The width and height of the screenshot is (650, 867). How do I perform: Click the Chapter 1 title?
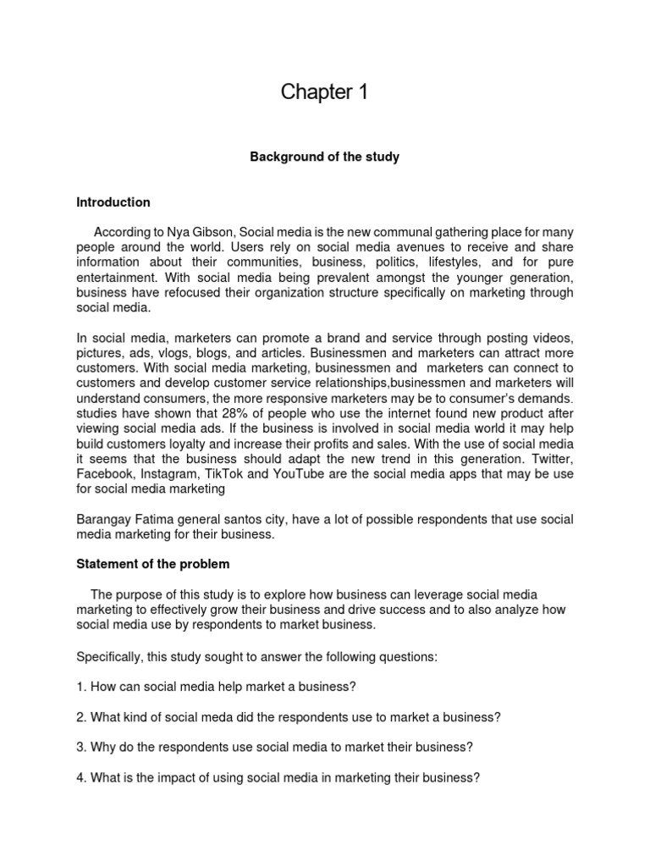click(325, 93)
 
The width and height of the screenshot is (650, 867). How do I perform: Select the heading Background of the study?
click(324, 157)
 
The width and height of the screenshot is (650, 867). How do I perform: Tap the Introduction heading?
click(113, 202)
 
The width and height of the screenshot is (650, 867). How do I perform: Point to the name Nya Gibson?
click(197, 231)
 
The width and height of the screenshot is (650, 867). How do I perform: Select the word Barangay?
click(105, 519)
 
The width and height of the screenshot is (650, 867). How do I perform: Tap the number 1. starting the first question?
click(81, 686)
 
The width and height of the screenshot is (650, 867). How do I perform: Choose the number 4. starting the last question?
click(81, 777)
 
